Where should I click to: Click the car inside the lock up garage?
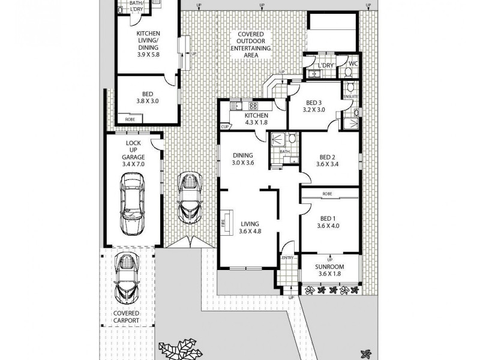(x=132, y=204)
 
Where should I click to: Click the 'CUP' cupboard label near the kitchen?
(x=225, y=127)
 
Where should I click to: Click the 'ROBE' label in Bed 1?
(x=327, y=194)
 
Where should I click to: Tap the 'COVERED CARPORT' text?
(x=127, y=317)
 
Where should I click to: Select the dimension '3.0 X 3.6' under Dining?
(x=244, y=162)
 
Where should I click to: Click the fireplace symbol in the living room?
(x=226, y=220)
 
